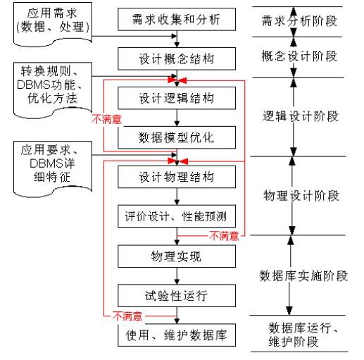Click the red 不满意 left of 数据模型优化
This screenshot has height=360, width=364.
click(x=105, y=120)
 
